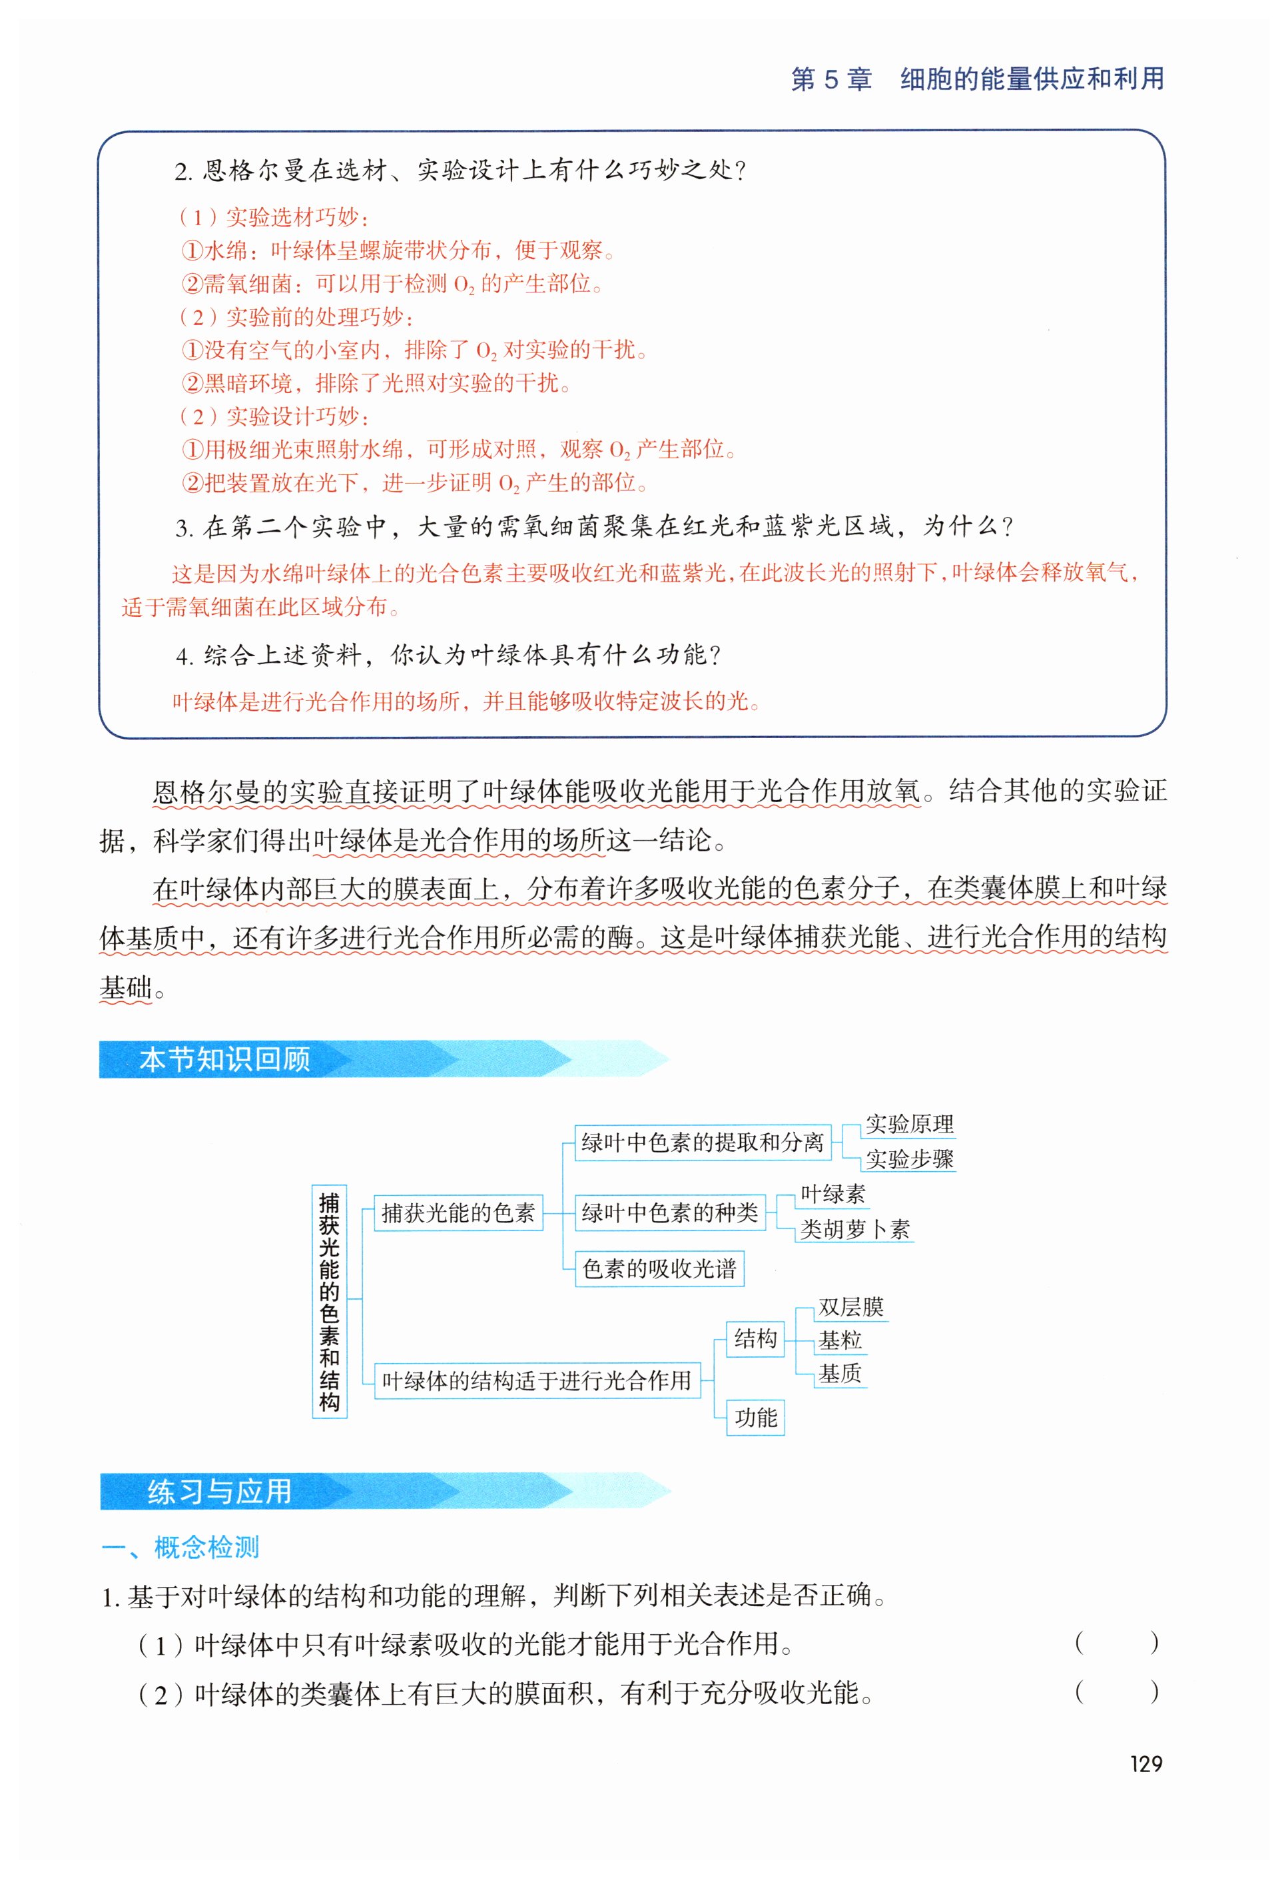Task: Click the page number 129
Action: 1145,1763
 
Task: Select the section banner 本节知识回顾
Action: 224,1059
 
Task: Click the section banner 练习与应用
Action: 219,1491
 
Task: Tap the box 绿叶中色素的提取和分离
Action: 701,1142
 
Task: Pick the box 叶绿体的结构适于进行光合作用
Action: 537,1380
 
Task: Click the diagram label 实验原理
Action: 909,1124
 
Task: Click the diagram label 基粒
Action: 840,1340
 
